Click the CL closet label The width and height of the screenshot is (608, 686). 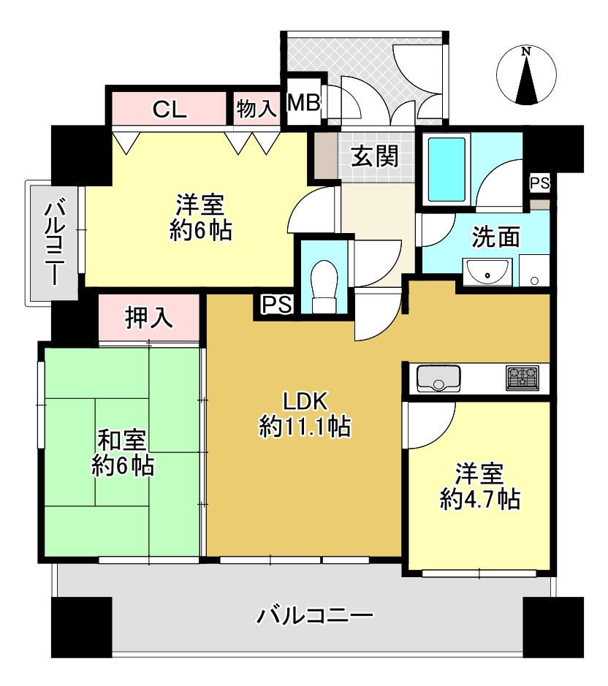(170, 109)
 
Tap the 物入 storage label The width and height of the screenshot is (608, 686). (256, 108)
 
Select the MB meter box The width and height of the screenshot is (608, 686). (304, 103)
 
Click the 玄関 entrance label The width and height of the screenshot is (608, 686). (375, 156)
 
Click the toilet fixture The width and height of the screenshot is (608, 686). (324, 286)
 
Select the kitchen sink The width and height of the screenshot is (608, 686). (438, 378)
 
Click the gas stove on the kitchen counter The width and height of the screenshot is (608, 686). (522, 378)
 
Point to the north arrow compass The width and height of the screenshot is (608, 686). (526, 75)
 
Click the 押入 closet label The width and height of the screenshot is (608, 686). (149, 317)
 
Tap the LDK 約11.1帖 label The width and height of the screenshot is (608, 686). (305, 414)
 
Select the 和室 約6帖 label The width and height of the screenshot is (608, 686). (123, 453)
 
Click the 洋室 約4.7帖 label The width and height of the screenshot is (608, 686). (480, 486)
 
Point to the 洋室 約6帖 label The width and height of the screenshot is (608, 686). (200, 217)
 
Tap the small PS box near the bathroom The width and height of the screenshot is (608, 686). (540, 183)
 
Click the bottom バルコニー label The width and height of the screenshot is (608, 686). (315, 616)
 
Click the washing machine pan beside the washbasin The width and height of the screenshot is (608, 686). (534, 270)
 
